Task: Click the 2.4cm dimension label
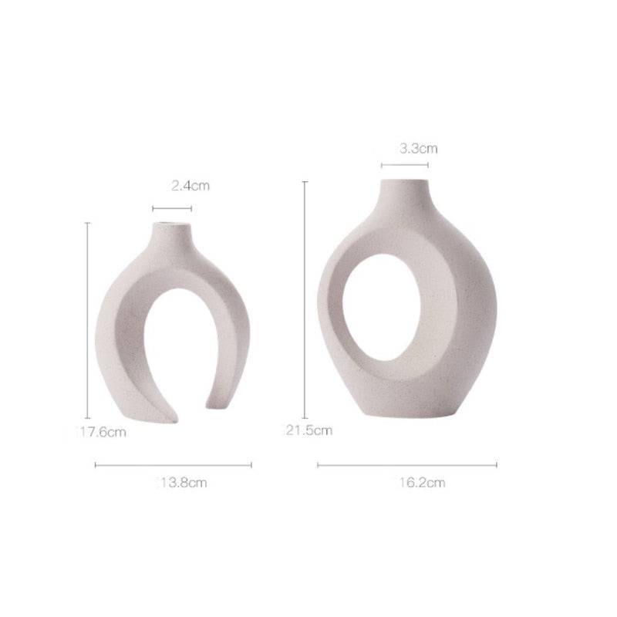190,185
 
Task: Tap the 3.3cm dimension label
418,149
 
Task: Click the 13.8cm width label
182,483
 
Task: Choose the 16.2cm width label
421,483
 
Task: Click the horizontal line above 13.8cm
173,464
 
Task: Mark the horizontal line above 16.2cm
406,464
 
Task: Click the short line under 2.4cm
172,208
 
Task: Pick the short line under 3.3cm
405,164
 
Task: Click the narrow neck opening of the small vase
171,226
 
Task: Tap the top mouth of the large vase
403,183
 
